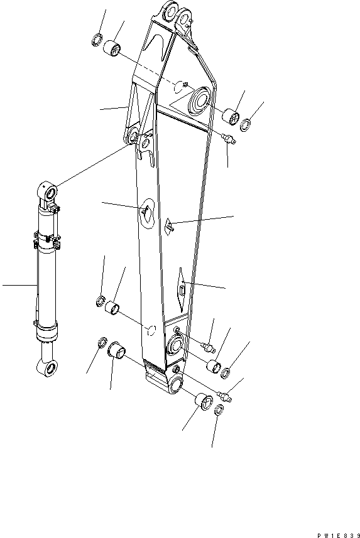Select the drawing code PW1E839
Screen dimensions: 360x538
[339, 535]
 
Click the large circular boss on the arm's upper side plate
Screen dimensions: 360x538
[200, 99]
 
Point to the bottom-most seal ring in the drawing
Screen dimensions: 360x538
[219, 410]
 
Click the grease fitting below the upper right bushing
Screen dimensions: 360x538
[229, 139]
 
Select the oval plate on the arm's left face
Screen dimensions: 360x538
[148, 213]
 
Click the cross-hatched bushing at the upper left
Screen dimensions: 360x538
[112, 47]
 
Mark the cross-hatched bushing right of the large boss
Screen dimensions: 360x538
[231, 116]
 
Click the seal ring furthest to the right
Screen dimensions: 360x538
[245, 124]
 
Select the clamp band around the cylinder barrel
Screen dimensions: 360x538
[46, 240]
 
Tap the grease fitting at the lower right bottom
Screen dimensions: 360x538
[224, 397]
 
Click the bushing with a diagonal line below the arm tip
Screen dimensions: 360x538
[204, 401]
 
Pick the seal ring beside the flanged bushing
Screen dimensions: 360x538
[102, 342]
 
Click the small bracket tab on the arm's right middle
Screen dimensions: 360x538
[170, 225]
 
